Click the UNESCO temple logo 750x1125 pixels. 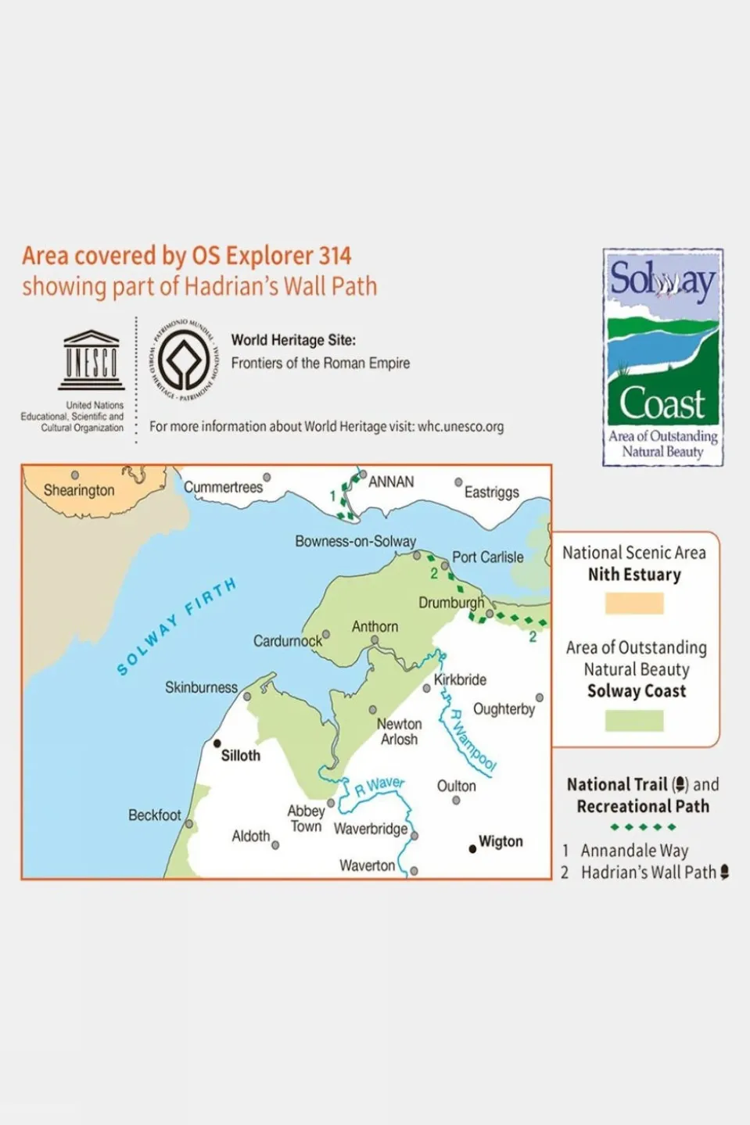(x=92, y=360)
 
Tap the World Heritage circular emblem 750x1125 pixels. (x=185, y=360)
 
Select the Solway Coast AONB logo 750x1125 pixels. (x=662, y=357)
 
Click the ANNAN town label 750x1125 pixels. (x=391, y=482)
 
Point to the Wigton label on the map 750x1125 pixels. (x=501, y=841)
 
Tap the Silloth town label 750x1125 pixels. (x=240, y=755)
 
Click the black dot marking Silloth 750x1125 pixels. (x=217, y=743)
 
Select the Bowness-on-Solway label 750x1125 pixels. (x=355, y=541)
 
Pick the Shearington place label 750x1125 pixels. (x=79, y=490)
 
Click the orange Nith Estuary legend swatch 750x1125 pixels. (x=634, y=603)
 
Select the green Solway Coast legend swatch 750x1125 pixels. (x=634, y=720)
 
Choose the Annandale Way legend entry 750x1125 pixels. (x=634, y=851)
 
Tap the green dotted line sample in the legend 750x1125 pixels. (x=643, y=827)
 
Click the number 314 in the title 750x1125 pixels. (x=335, y=256)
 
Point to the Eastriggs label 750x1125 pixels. (x=491, y=492)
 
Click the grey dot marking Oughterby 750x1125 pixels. (x=540, y=697)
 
